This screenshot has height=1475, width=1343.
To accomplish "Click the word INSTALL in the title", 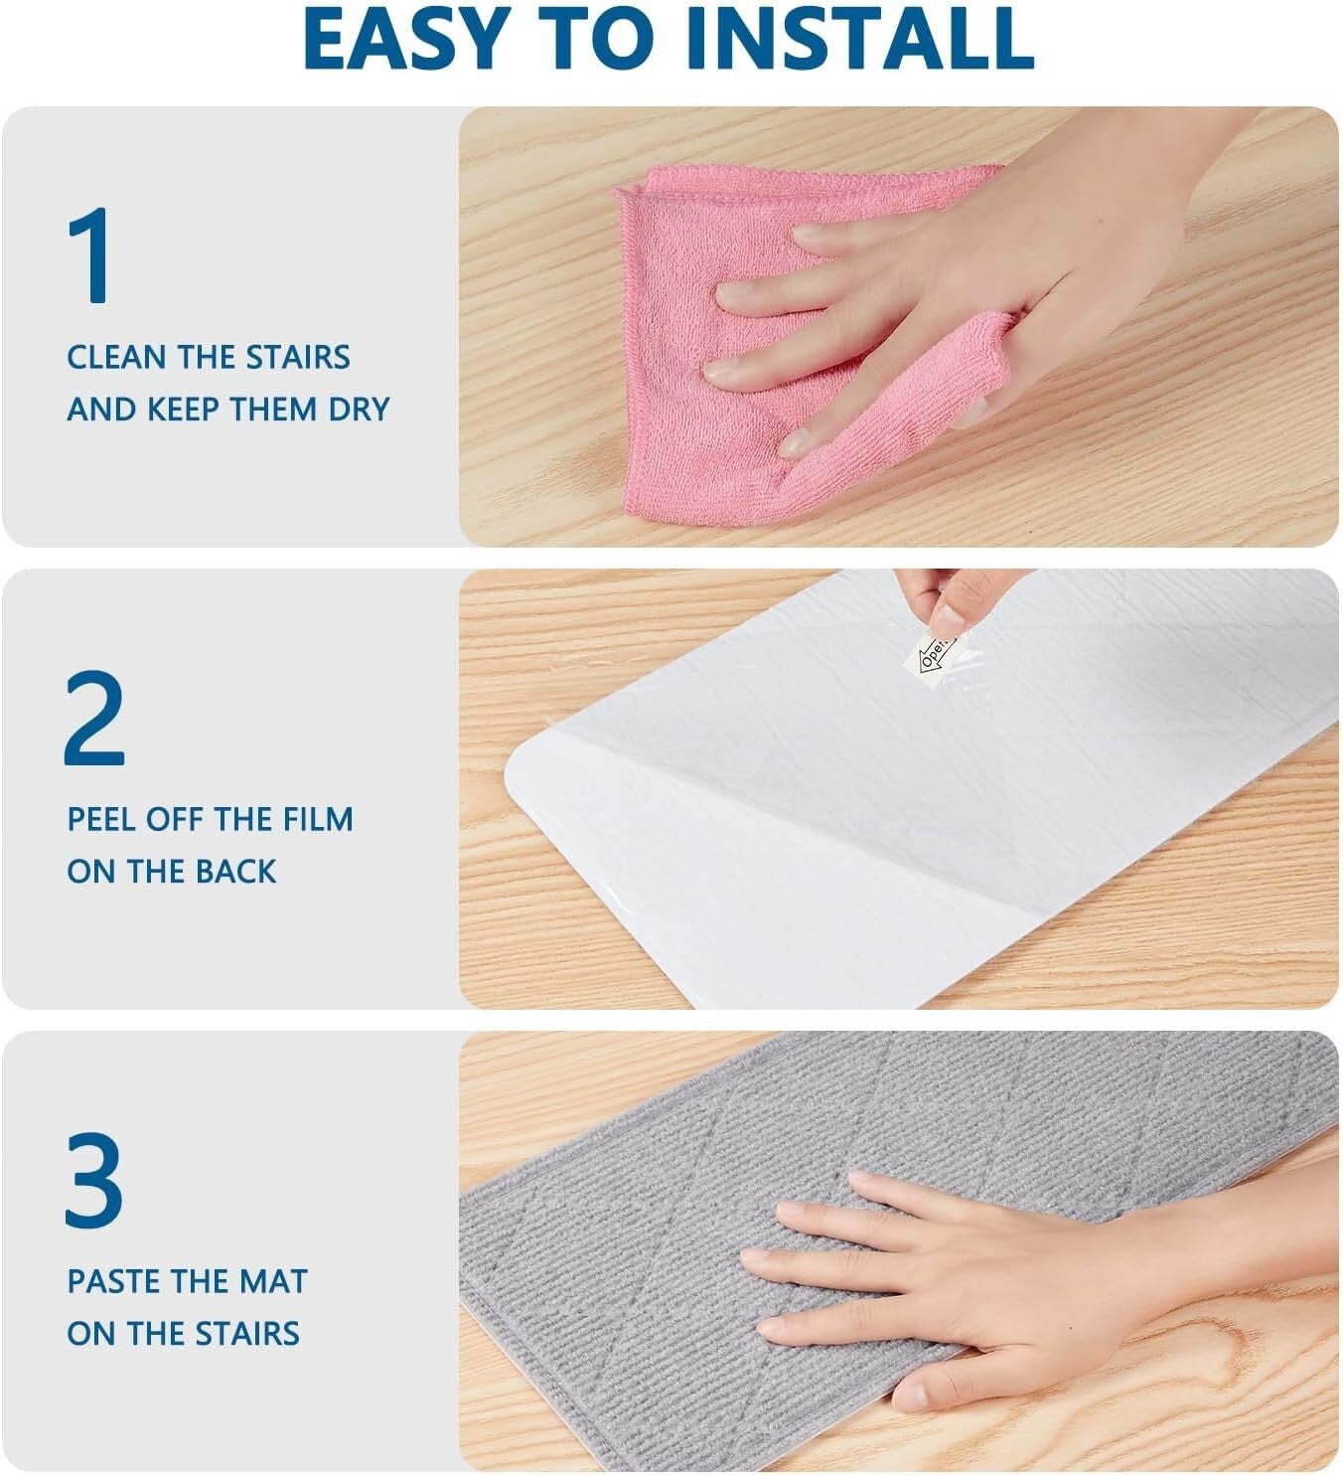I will (x=859, y=38).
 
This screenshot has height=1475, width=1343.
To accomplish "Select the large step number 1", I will (x=91, y=255).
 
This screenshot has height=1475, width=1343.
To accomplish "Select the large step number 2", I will (x=94, y=718).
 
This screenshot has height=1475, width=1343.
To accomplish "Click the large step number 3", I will (x=94, y=1180).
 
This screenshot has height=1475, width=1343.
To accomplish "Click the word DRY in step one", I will (x=360, y=410).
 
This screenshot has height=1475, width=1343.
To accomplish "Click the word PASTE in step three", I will (x=110, y=1282).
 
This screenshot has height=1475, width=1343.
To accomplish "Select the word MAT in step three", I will (x=273, y=1282).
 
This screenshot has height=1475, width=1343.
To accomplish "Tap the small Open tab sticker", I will (x=934, y=654).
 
